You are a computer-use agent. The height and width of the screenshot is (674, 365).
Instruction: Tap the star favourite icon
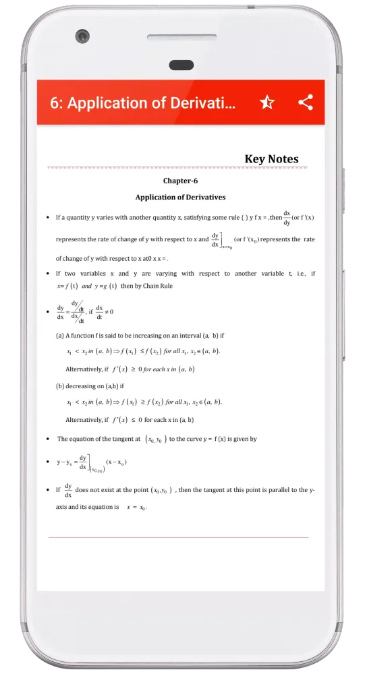(267, 102)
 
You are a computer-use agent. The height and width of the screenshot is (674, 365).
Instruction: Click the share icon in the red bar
(306, 102)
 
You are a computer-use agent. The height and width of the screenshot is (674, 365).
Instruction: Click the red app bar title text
(143, 103)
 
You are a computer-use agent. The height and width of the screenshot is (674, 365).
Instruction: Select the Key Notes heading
(271, 159)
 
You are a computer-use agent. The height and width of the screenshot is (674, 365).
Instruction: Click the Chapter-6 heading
(180, 181)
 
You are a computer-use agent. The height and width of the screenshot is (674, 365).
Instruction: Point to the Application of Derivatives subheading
(180, 197)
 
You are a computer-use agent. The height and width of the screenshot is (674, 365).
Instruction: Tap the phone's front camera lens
(82, 36)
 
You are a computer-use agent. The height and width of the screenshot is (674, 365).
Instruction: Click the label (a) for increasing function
(59, 335)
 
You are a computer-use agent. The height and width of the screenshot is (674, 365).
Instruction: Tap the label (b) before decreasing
(59, 386)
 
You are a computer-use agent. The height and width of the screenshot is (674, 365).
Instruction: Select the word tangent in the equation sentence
(121, 439)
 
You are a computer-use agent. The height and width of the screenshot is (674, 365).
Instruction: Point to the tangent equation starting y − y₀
(91, 463)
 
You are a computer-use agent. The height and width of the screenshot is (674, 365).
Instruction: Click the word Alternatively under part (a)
(86, 369)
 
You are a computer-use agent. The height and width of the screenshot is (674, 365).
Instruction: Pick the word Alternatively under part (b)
(86, 420)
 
